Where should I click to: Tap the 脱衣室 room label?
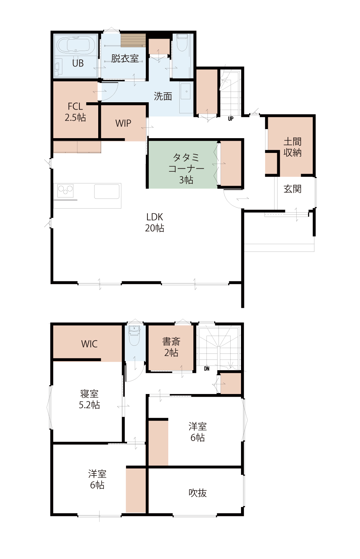point(125,58)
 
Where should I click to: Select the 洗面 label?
point(163,96)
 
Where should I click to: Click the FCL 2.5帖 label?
point(75,112)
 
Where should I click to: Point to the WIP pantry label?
point(123,123)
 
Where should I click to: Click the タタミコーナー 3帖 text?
point(186,168)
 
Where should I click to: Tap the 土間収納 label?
point(292,147)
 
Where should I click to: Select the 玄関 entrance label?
point(292,189)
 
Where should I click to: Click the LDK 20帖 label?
point(155,223)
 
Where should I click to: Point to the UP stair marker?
point(231,118)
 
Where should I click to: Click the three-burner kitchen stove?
point(65,191)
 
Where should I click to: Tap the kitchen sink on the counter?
point(107,191)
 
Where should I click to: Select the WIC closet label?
point(89,344)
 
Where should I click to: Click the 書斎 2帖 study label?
point(171,347)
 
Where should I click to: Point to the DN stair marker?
point(206,368)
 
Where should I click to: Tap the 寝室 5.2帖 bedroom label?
point(89,399)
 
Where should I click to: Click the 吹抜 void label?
point(197,493)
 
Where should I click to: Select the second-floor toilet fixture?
point(135,336)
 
